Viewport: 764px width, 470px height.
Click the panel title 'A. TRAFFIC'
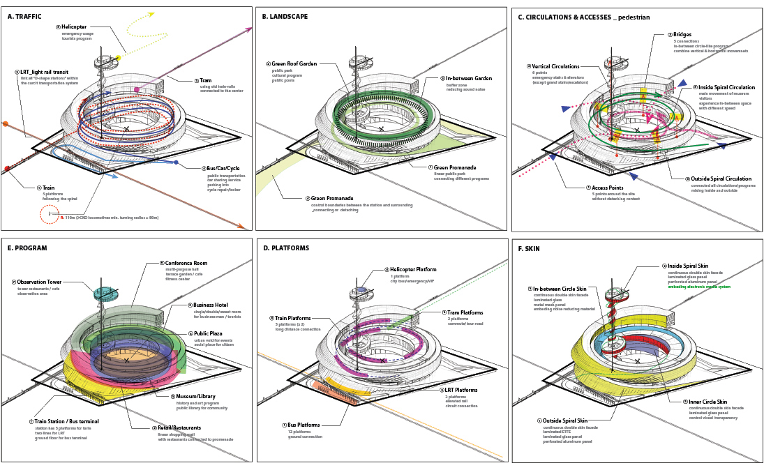tap(24, 15)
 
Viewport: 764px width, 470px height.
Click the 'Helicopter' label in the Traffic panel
tap(75, 27)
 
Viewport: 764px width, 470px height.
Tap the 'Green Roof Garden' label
tap(294, 63)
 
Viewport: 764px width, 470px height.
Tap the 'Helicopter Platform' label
tap(413, 269)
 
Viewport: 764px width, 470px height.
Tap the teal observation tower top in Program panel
tap(106, 293)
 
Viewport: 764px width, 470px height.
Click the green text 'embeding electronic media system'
tap(699, 287)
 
